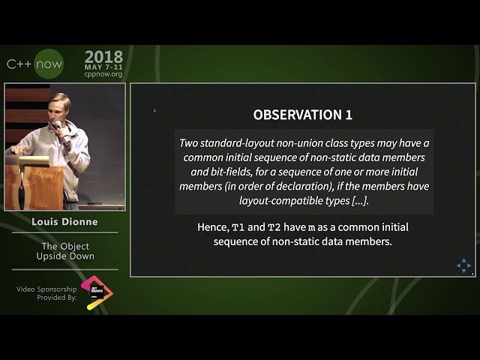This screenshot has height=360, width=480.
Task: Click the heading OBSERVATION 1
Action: tap(302, 115)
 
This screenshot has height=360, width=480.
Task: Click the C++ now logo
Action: tap(34, 64)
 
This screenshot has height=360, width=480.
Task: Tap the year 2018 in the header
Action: tap(103, 57)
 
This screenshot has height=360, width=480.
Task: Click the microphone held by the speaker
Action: tap(63, 133)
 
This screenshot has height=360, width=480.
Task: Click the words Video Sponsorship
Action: tap(46, 289)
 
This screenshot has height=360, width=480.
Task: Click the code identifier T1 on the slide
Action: tap(238, 227)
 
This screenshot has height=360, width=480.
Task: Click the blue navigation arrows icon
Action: tap(464, 265)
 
